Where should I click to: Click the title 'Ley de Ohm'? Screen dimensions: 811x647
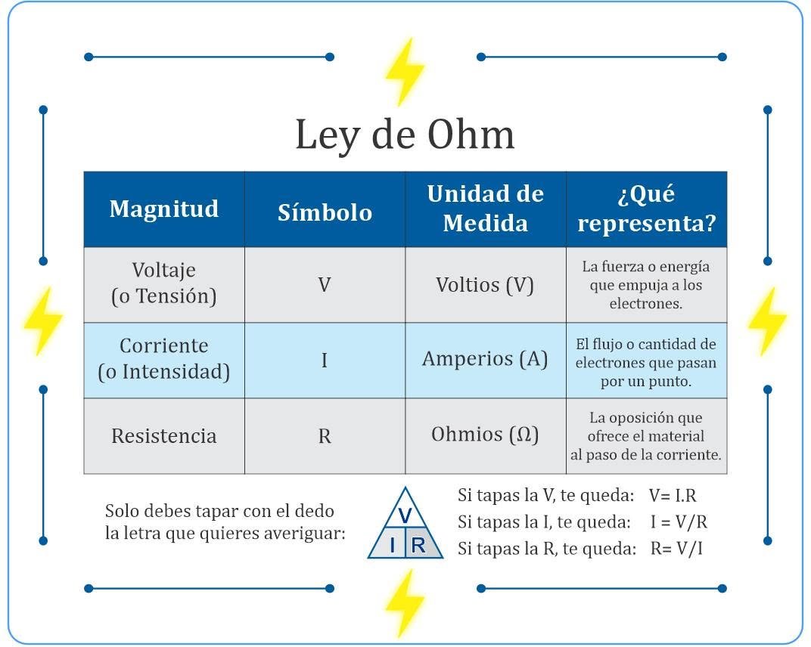coord(405,135)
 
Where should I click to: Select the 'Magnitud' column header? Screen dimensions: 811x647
coord(164,209)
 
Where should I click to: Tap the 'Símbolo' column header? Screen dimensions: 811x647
coord(325,209)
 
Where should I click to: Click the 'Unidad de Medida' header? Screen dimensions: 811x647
coord(486,209)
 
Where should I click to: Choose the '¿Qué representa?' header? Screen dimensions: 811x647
coord(647,209)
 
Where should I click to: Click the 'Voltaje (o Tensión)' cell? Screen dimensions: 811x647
coord(164,285)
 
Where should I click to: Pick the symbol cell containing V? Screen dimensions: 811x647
coord(325,285)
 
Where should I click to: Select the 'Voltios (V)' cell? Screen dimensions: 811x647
coord(486,285)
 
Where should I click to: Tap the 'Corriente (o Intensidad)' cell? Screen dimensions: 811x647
coord(164,361)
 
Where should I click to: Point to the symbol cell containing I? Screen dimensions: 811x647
coord(325,361)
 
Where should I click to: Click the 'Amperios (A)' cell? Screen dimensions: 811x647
coord(486,361)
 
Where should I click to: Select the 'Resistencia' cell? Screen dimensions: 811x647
coord(164,435)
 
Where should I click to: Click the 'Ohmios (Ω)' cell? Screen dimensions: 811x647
coord(486,435)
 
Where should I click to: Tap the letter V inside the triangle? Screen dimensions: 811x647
coord(405,515)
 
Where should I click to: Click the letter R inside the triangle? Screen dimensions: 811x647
coord(418,545)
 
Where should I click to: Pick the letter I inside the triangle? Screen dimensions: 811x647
coord(393,545)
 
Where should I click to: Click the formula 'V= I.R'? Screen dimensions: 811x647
coord(673,496)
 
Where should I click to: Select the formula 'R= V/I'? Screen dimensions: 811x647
coord(676,548)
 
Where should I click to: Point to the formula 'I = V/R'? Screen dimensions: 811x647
coord(679,522)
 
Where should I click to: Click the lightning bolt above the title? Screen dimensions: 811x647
coord(405,71)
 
